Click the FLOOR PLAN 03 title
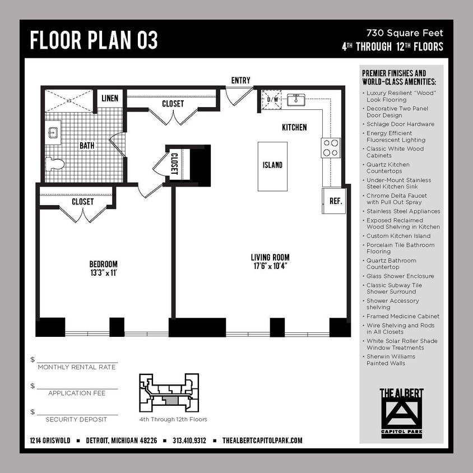point(94,40)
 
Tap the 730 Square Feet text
point(405,34)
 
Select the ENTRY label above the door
point(240,81)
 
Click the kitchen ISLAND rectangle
point(272,165)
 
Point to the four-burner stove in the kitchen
point(331,147)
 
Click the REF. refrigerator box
point(335,201)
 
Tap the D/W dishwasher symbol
point(273,99)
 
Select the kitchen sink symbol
point(296,100)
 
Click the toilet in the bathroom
point(55,164)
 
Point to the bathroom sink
point(53,133)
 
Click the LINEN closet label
point(110,99)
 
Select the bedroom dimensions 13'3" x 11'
point(103,273)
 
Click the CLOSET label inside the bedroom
point(82,202)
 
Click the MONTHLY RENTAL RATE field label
point(76,367)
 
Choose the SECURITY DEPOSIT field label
point(76,419)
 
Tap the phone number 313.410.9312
point(189,440)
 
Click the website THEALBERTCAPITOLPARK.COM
point(262,440)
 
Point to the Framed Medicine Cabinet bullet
point(402,317)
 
